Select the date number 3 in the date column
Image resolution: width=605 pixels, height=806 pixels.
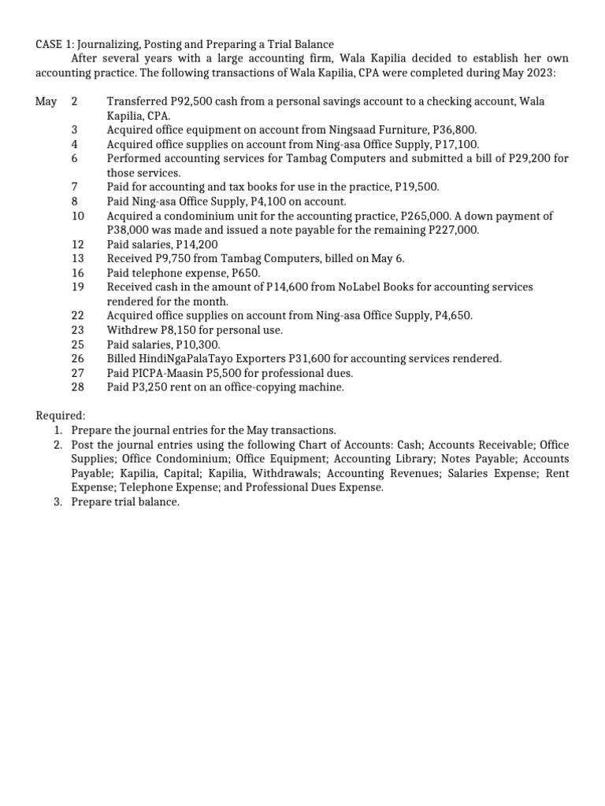pyautogui.click(x=74, y=130)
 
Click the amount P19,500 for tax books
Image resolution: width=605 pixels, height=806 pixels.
pyautogui.click(x=415, y=187)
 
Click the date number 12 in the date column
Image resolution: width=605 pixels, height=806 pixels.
pyautogui.click(x=77, y=244)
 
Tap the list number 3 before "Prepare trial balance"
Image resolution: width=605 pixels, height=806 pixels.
pyautogui.click(x=58, y=501)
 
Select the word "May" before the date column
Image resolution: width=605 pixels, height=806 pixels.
pyautogui.click(x=46, y=102)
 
